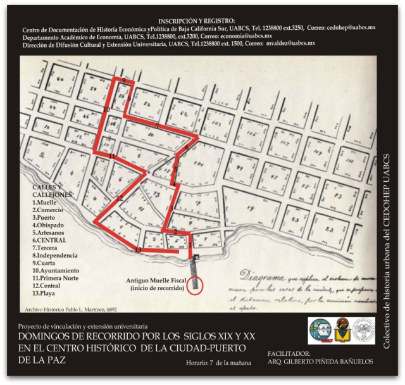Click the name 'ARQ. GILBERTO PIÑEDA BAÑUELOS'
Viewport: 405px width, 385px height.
tap(319, 362)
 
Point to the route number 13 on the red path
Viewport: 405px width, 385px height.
tap(137, 251)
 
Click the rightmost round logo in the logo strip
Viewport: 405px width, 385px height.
tap(363, 331)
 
